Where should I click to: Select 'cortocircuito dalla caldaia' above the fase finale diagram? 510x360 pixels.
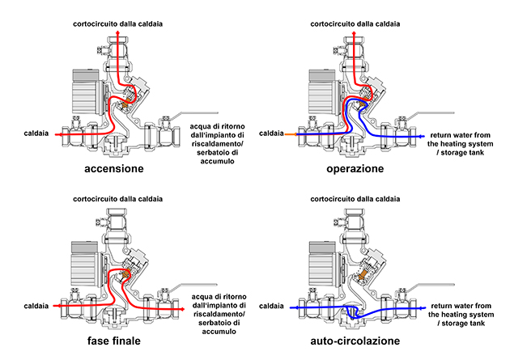[x=118, y=198]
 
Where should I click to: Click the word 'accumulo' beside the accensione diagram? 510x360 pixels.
[x=214, y=162]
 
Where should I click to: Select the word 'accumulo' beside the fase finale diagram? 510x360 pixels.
[x=214, y=332]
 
